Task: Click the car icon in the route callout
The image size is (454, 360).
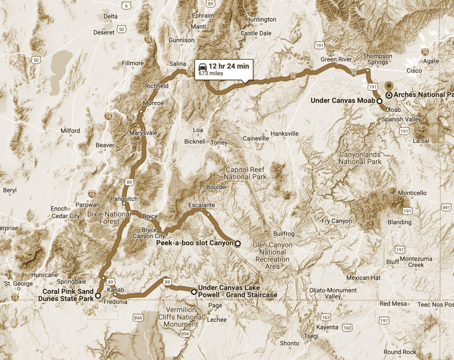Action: point(202,67)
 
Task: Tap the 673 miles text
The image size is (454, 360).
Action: point(211,74)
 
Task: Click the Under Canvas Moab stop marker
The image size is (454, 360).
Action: point(380,101)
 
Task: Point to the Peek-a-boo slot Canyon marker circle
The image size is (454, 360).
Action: point(237,243)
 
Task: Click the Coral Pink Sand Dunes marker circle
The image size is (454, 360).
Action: point(98,295)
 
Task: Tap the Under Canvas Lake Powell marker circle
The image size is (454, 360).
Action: point(193,292)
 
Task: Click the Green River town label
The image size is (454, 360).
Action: point(336,59)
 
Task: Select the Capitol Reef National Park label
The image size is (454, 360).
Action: point(245,173)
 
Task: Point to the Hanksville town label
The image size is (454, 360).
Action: point(285,133)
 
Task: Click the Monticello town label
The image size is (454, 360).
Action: point(412,193)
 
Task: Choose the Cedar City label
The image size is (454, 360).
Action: point(66,216)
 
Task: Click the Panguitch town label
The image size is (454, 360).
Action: point(124,199)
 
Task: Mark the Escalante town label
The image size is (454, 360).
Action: point(201,205)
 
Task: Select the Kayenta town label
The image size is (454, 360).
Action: point(325,327)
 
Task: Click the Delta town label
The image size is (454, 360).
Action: point(110,16)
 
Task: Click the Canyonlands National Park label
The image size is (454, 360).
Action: point(360,158)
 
